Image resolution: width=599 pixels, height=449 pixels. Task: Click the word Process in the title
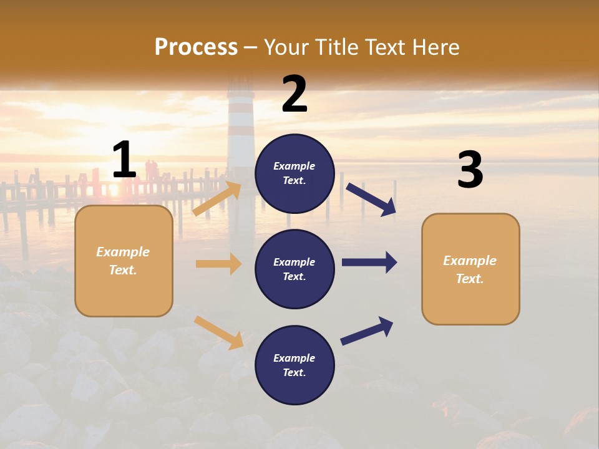pos(196,47)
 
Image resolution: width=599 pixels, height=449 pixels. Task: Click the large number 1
pos(124,160)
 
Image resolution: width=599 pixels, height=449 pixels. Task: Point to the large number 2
pos(295,94)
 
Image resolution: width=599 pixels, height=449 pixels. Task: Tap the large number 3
pos(470,170)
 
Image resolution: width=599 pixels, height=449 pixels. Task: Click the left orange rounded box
pos(124,261)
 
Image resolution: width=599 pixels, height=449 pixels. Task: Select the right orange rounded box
pos(470,269)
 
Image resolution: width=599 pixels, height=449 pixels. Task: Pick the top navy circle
pos(295,173)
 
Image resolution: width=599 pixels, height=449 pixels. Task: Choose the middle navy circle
pos(295,269)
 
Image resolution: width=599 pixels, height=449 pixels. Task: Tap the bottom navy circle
pos(295,365)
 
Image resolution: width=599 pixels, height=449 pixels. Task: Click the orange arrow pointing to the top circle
pos(217,199)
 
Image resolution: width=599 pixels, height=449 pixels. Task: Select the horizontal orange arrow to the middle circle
pos(218,264)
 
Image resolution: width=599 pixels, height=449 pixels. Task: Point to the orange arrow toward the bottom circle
pos(218,332)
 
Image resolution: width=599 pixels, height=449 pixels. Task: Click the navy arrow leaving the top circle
pos(371,199)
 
